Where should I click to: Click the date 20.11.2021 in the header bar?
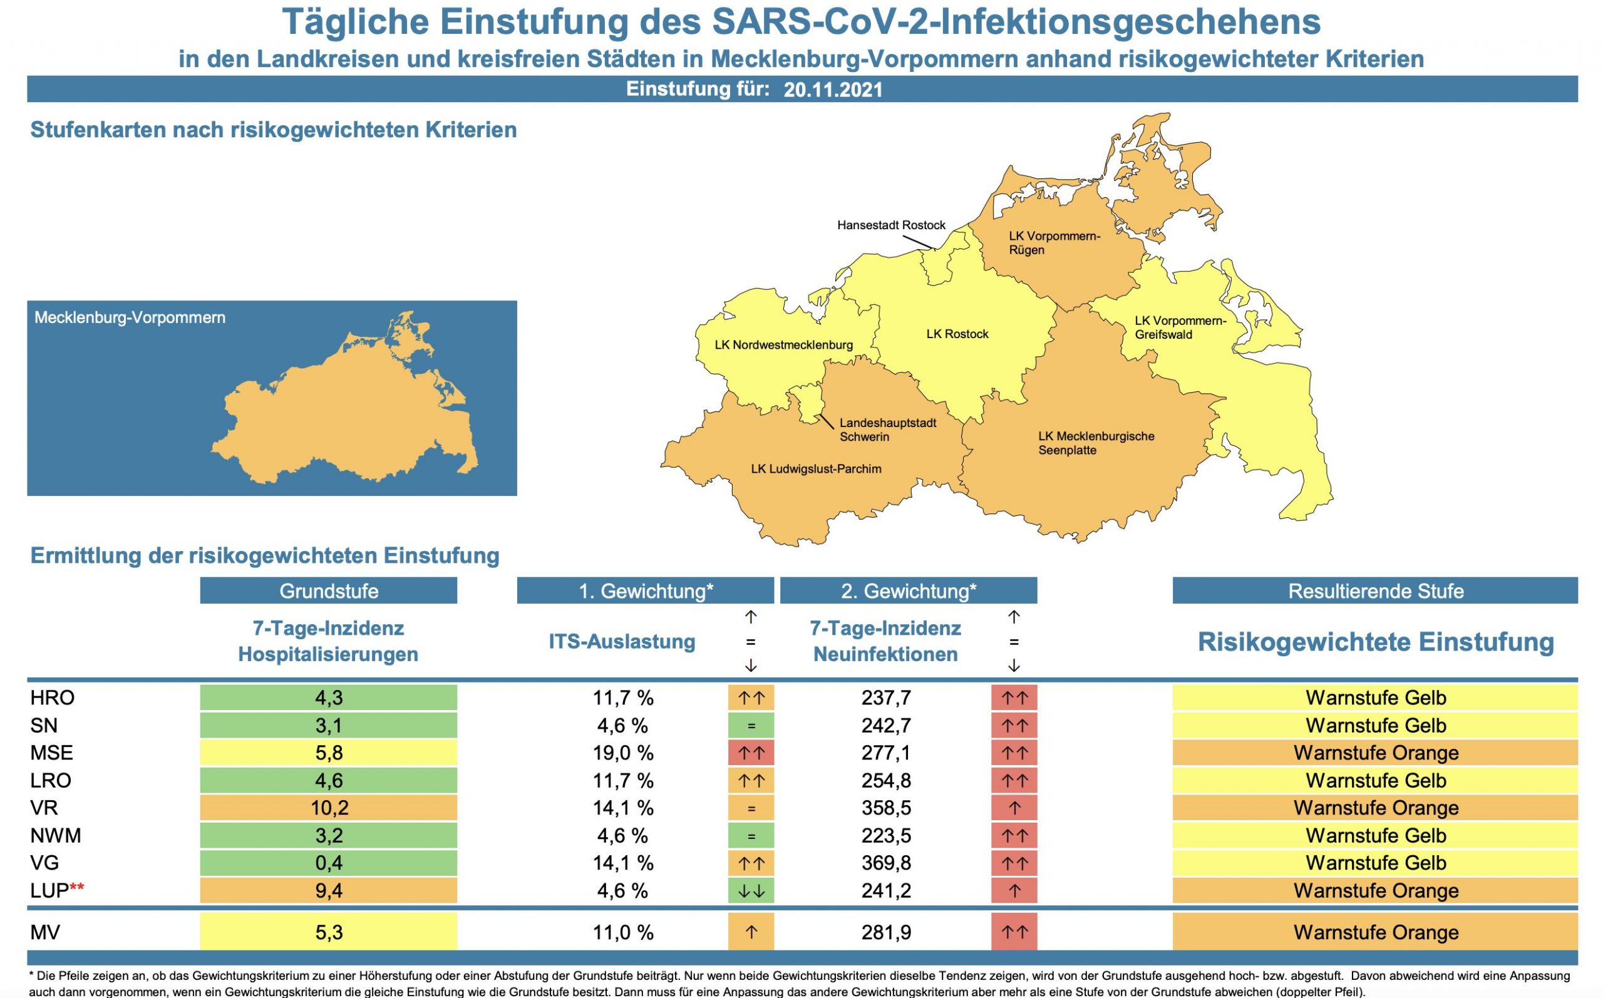point(833,90)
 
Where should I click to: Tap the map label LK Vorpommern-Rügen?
point(1054,243)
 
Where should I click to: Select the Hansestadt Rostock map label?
point(891,225)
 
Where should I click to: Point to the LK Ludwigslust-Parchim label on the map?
point(816,470)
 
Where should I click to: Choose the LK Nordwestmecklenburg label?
point(783,344)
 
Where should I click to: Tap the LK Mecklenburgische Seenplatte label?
point(1096,443)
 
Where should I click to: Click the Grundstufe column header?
point(329,591)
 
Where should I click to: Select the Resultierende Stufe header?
point(1375,591)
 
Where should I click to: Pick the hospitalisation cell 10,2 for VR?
point(329,808)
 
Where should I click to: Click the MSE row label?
point(51,753)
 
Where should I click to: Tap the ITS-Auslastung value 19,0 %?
point(622,753)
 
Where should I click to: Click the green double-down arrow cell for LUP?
point(751,890)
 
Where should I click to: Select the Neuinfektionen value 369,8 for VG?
point(885,863)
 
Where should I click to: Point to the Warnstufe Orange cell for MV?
point(1375,932)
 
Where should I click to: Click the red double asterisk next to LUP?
point(77,888)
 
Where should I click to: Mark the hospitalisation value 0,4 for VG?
point(329,863)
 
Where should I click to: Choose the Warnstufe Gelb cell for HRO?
point(1375,697)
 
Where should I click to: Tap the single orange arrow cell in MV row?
point(751,932)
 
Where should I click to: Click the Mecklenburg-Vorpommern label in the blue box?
point(130,317)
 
